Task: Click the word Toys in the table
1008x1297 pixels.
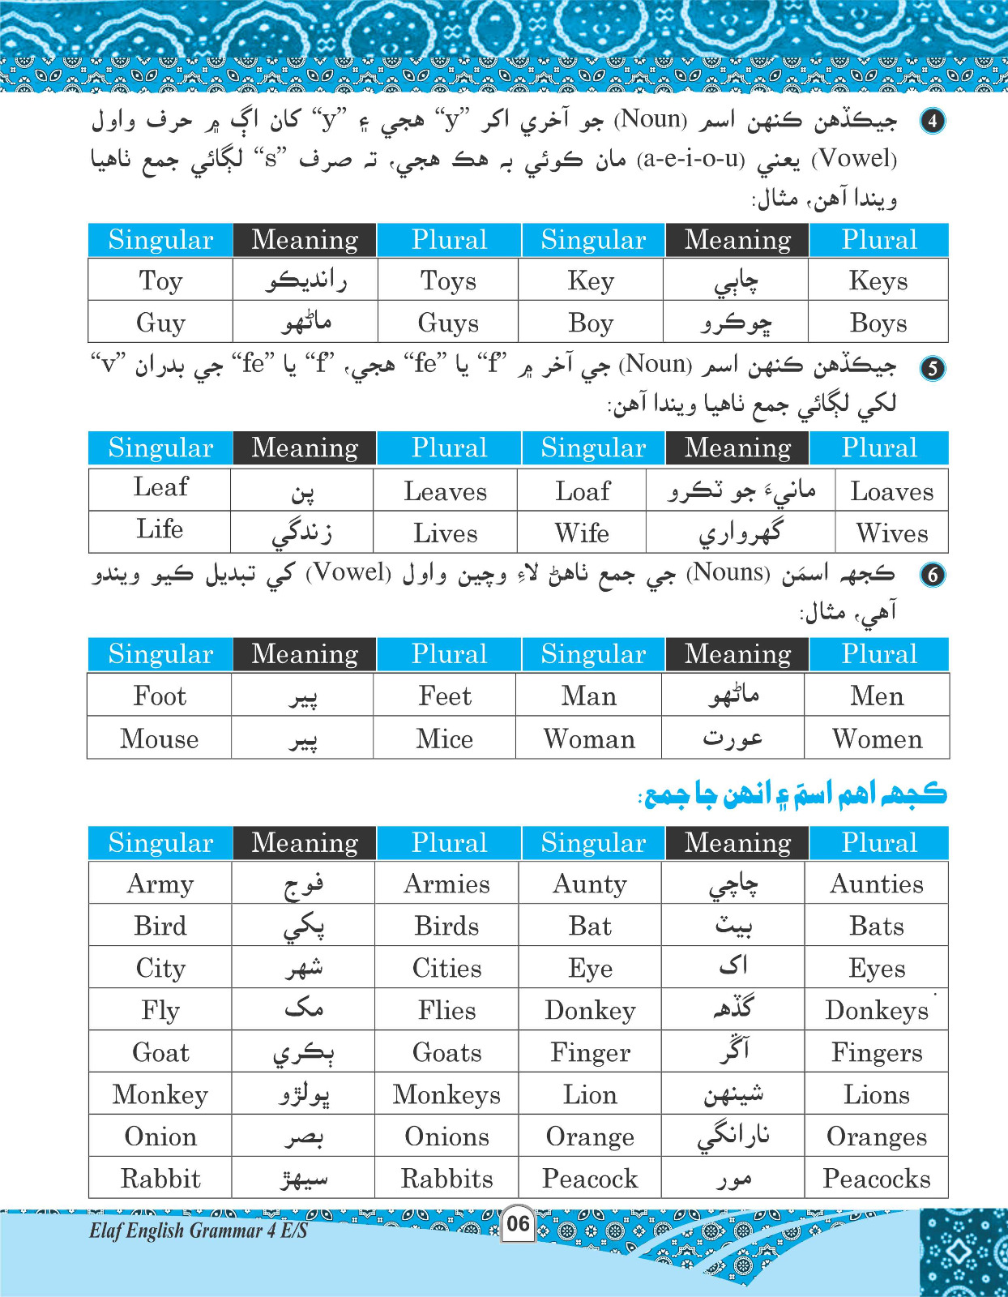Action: pos(448,280)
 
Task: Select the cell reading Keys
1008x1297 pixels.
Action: pos(878,280)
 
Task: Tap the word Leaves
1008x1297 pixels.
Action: pos(446,491)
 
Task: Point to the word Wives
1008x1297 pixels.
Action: pos(891,533)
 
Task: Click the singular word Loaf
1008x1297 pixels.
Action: pos(583,491)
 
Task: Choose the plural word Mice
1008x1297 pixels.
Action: pos(445,738)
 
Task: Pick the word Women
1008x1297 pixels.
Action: pos(877,738)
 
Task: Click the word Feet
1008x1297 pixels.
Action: pos(445,696)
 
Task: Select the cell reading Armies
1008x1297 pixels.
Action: pos(447,884)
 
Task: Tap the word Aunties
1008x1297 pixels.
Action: pos(877,884)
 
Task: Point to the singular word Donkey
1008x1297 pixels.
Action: pos(590,1010)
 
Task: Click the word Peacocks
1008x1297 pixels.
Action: pos(877,1179)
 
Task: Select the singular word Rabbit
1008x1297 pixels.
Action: pos(160,1179)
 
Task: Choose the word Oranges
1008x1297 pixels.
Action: pos(877,1136)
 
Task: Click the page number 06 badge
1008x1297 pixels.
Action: pos(518,1223)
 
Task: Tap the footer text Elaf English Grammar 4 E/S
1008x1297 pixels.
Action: pos(199,1231)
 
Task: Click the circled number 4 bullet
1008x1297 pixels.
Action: pos(933,121)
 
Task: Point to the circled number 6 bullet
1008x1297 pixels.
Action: pos(933,575)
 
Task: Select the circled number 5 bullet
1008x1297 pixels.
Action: pos(933,367)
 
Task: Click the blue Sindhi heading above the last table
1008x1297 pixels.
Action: pos(794,794)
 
